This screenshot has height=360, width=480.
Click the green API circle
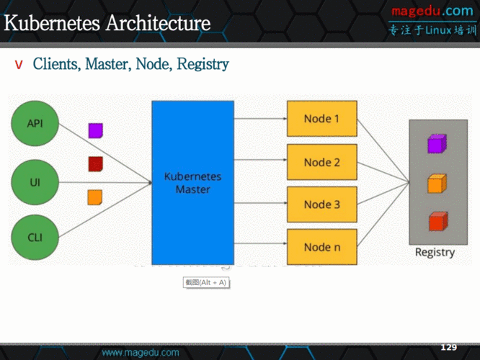click(x=35, y=123)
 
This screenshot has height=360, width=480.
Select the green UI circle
click(x=35, y=183)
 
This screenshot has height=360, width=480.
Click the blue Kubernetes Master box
click(x=192, y=183)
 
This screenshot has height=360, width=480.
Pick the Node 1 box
click(x=321, y=119)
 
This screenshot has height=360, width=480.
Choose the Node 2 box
click(x=321, y=162)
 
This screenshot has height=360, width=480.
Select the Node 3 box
click(x=321, y=204)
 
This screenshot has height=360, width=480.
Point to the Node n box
click(x=321, y=247)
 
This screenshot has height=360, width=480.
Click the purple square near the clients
click(x=95, y=130)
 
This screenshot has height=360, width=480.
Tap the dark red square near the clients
click(x=95, y=164)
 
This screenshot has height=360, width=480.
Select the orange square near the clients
click(x=95, y=197)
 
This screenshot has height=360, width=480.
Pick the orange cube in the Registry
click(x=434, y=184)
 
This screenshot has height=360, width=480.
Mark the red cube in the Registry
click(x=434, y=222)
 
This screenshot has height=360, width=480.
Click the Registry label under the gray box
click(x=435, y=253)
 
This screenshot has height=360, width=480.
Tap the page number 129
click(x=448, y=347)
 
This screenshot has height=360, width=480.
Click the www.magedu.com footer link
click(x=141, y=353)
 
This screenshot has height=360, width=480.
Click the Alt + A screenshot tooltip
click(x=206, y=282)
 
